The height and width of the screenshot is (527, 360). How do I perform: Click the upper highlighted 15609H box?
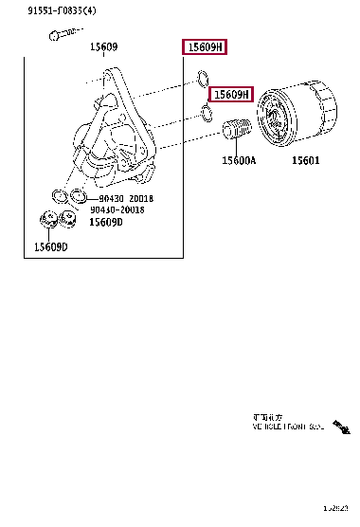tap(205, 47)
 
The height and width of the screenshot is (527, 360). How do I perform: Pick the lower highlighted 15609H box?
tap(231, 95)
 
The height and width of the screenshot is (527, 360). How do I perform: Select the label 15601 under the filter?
tap(304, 161)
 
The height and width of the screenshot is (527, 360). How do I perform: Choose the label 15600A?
tap(239, 161)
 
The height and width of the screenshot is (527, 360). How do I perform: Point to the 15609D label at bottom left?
tap(50, 247)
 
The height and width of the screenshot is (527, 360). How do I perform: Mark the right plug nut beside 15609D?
tap(68, 221)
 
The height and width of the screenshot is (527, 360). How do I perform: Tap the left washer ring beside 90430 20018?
tap(58, 197)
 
